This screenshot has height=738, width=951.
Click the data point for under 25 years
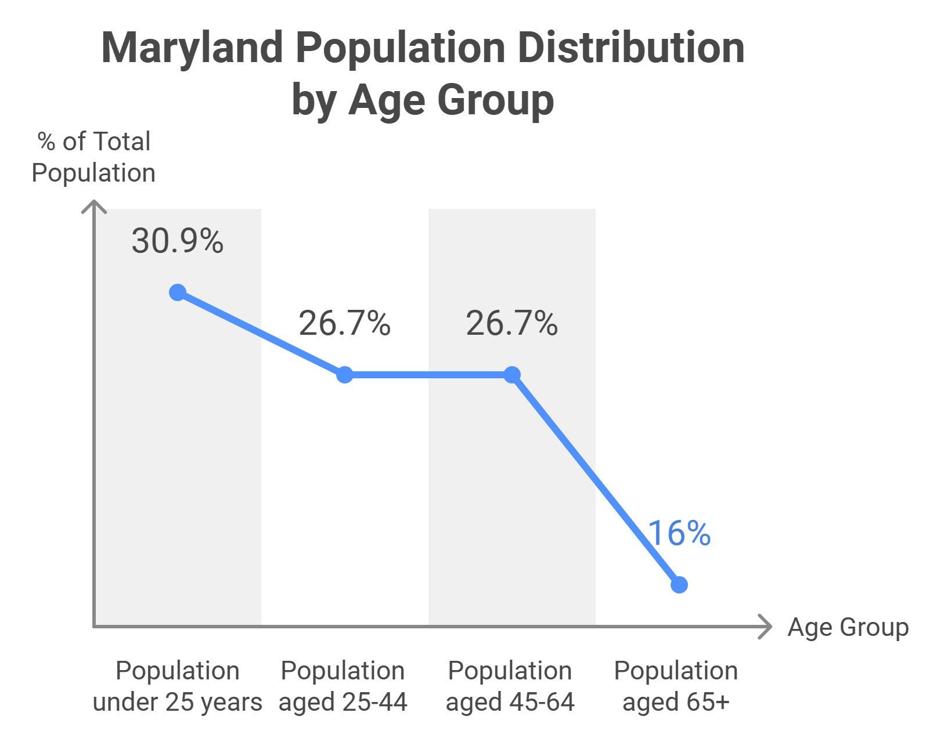(x=178, y=292)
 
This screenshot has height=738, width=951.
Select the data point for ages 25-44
(x=345, y=375)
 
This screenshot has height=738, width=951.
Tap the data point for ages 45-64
(x=512, y=375)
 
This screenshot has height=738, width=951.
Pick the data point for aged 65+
(x=679, y=585)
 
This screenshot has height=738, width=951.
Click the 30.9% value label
(x=178, y=241)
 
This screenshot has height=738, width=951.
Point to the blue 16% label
(x=679, y=533)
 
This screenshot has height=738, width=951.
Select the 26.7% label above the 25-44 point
(x=345, y=323)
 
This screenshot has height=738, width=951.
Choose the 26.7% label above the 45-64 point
(x=512, y=323)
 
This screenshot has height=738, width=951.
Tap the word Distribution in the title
(x=631, y=48)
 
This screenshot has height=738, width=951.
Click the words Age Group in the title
(x=451, y=100)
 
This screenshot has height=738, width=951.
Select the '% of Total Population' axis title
(x=93, y=157)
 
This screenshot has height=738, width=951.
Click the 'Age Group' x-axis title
(x=848, y=628)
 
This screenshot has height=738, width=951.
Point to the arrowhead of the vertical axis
(x=94, y=205)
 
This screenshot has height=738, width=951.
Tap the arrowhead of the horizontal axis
(x=767, y=627)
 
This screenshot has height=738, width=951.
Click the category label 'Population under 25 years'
(x=178, y=686)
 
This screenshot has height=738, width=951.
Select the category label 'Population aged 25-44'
(x=343, y=686)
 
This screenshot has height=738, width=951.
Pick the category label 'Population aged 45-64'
(x=510, y=686)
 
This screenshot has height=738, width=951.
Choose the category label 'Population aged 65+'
(x=676, y=686)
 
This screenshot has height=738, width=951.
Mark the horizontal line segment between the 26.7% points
(x=428, y=375)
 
